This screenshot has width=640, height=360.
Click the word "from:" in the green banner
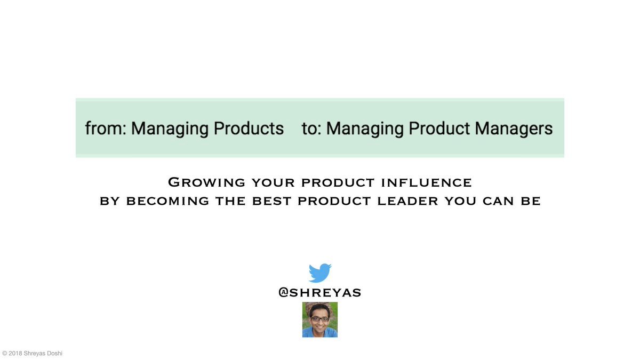pyautogui.click(x=106, y=129)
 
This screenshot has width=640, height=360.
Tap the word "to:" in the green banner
pyautogui.click(x=311, y=129)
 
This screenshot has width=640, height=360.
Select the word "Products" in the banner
pyautogui.click(x=249, y=129)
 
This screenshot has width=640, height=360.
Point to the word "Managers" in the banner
pyautogui.click(x=514, y=129)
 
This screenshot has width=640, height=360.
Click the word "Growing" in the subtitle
pyautogui.click(x=206, y=182)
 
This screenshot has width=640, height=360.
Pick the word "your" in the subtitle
pyautogui.click(x=273, y=183)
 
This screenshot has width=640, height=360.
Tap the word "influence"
pyautogui.click(x=426, y=183)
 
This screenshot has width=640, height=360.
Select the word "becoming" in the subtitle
pyautogui.click(x=167, y=201)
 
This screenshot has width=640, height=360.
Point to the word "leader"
pyautogui.click(x=407, y=201)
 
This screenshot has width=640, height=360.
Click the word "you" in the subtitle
pyautogui.click(x=460, y=201)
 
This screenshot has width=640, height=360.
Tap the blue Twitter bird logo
pyautogui.click(x=320, y=273)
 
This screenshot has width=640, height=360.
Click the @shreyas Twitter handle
pyautogui.click(x=319, y=293)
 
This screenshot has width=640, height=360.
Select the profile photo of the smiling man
pyautogui.click(x=319, y=319)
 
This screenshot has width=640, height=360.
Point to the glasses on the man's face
pyautogui.click(x=319, y=318)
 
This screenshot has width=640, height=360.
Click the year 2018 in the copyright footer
pyautogui.click(x=15, y=354)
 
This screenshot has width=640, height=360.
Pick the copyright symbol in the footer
pyautogui.click(x=5, y=354)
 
